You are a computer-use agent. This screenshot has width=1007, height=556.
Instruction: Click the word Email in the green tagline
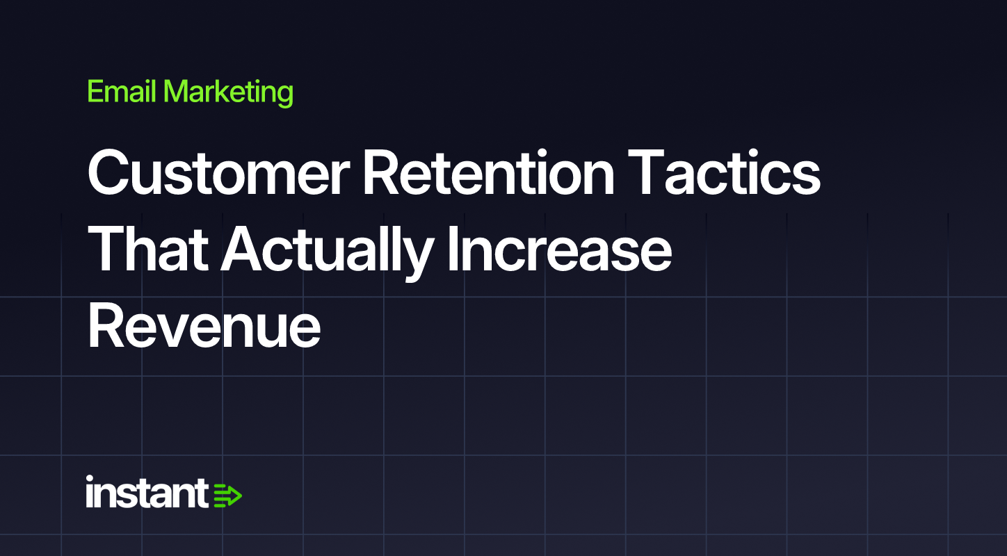point(122,91)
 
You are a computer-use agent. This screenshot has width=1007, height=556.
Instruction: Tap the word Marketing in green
point(228,93)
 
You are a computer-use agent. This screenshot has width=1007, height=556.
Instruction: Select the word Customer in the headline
point(218,173)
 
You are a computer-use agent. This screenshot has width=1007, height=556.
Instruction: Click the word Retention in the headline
point(488,173)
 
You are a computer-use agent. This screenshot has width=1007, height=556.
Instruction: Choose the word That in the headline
point(148,249)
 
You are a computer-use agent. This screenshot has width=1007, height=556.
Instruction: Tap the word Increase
point(559,249)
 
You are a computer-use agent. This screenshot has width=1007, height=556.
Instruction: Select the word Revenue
point(204,325)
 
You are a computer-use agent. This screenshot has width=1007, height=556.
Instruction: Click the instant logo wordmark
point(147,492)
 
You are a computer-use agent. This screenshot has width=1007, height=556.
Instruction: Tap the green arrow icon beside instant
point(227,496)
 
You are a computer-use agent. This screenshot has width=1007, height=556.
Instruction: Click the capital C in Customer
point(111,173)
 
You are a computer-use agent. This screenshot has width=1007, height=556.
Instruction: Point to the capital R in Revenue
point(107,325)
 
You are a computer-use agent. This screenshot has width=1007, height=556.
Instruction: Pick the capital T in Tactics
point(646,173)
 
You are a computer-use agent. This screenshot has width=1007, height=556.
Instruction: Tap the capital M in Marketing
point(177,91)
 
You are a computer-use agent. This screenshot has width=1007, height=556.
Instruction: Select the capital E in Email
point(96,91)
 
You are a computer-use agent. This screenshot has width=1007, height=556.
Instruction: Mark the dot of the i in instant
point(90,479)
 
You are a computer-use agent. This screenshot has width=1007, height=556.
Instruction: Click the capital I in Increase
point(452,249)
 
